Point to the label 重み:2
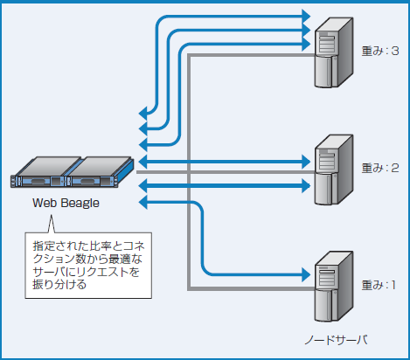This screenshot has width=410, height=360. (x=379, y=166)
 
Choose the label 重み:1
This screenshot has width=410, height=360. (x=379, y=284)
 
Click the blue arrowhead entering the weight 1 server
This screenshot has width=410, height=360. (x=306, y=270)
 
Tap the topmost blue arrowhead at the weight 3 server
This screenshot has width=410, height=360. (x=306, y=16)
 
